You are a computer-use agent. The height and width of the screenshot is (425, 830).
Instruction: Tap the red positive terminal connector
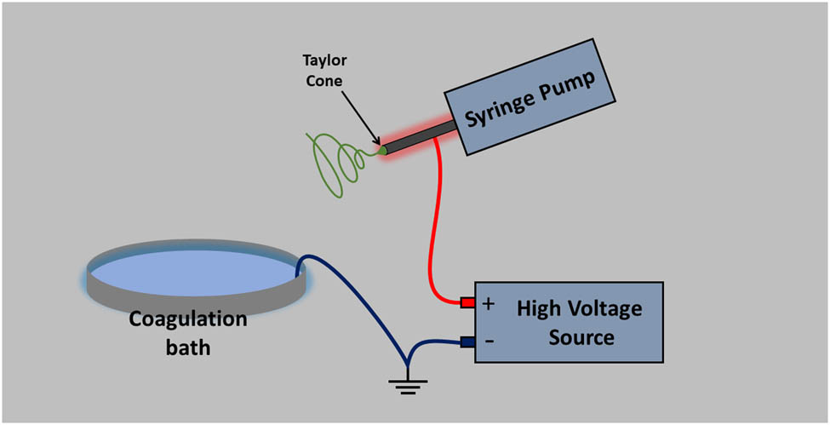click(467, 302)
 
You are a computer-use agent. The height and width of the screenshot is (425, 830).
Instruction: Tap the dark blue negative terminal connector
click(467, 342)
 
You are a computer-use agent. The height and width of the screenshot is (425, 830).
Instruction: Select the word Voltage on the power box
click(605, 308)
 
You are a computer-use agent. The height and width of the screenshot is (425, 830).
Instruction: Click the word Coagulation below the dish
click(188, 320)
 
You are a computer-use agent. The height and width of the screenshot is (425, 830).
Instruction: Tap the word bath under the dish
click(188, 347)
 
